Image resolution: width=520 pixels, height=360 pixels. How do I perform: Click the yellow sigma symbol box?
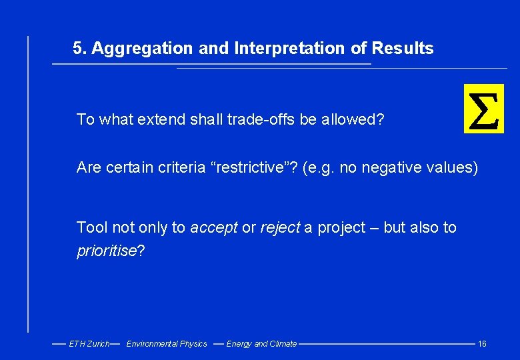click(484, 109)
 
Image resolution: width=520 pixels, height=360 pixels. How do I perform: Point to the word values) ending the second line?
click(455, 168)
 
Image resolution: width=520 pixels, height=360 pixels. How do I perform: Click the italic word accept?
click(213, 228)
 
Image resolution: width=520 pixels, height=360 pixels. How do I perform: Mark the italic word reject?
click(280, 228)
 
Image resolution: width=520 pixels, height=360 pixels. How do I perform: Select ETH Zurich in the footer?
click(89, 344)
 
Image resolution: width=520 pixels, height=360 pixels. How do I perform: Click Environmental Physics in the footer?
click(167, 344)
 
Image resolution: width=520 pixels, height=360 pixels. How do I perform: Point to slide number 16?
click(482, 344)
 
